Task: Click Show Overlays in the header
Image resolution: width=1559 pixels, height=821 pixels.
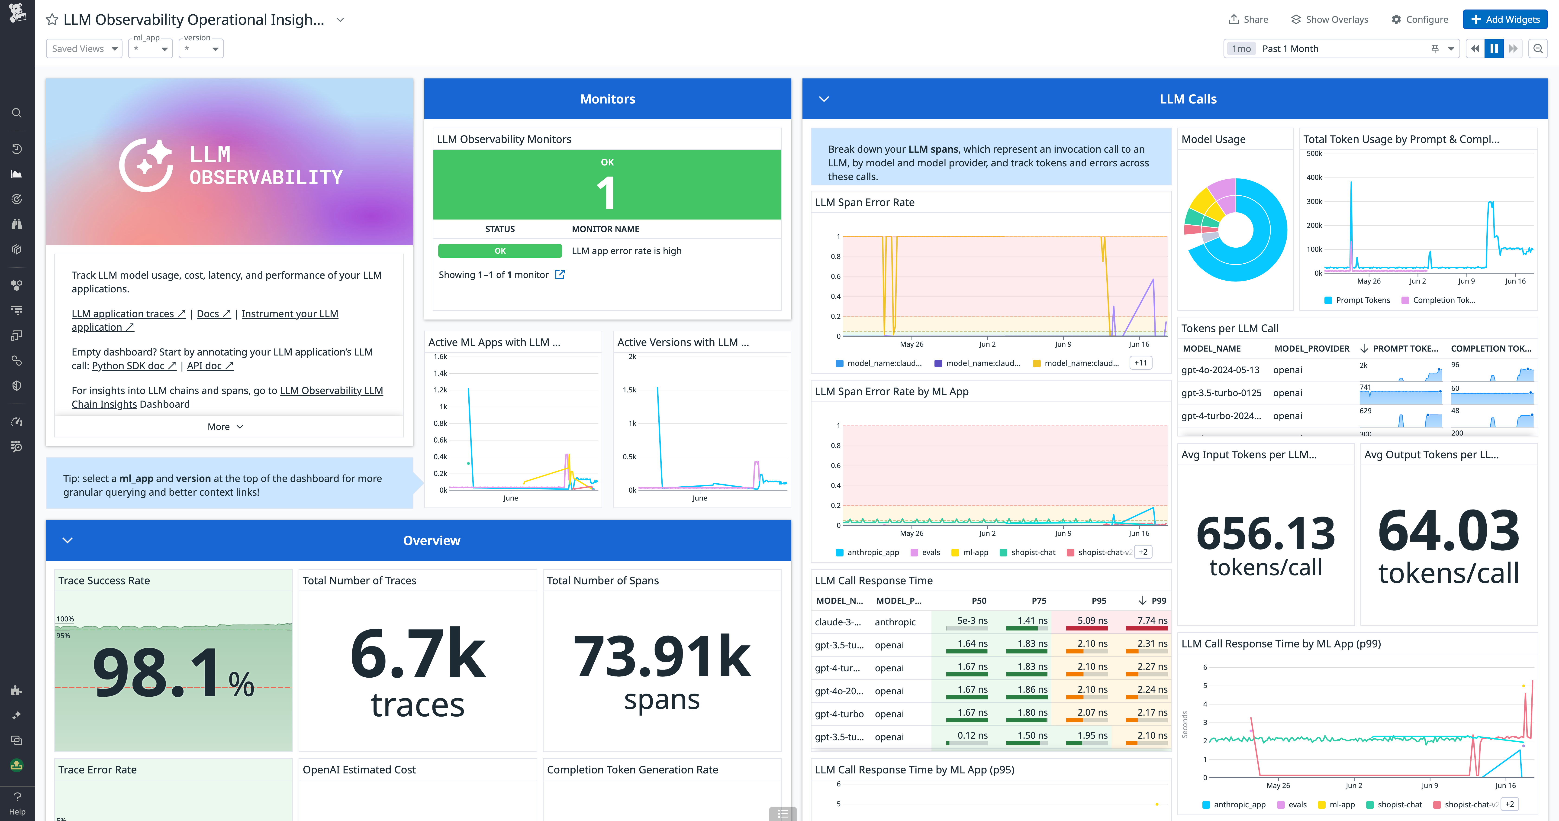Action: [1330, 19]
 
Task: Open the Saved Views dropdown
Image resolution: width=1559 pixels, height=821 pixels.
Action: [84, 48]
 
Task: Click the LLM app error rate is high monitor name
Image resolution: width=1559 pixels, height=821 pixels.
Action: [626, 251]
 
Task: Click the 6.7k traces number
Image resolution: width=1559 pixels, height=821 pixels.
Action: [418, 654]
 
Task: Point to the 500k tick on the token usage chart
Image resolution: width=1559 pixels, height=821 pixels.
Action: [1314, 154]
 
